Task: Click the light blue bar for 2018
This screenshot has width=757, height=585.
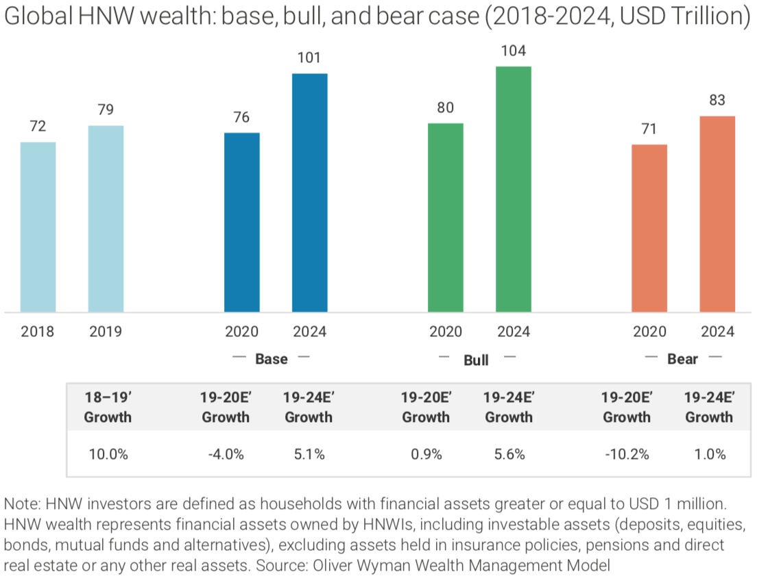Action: [x=38, y=227]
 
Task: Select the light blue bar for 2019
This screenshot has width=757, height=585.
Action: [x=106, y=219]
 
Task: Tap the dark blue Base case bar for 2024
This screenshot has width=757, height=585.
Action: [x=309, y=192]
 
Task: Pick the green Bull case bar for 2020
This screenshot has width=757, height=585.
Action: [x=445, y=218]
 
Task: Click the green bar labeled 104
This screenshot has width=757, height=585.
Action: [x=514, y=189]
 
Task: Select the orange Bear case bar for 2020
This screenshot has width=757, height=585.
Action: [x=649, y=228]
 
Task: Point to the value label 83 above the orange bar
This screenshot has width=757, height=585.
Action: [x=717, y=101]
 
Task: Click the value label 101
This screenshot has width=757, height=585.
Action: [x=309, y=58]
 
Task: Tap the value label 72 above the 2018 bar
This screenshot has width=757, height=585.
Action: [x=38, y=127]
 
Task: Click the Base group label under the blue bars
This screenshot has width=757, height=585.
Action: [x=272, y=359]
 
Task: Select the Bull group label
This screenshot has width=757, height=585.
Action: [x=476, y=360]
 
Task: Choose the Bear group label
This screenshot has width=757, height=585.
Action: [x=682, y=359]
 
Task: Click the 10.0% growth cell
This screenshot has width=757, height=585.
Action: [x=108, y=454]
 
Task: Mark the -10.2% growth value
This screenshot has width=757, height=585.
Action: [x=626, y=454]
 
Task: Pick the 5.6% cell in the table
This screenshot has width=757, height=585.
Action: [x=509, y=454]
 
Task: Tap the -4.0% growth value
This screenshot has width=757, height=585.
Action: [x=226, y=454]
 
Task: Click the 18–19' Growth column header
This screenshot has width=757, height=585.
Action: [x=108, y=407]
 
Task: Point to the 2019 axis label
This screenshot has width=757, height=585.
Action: [x=106, y=332]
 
